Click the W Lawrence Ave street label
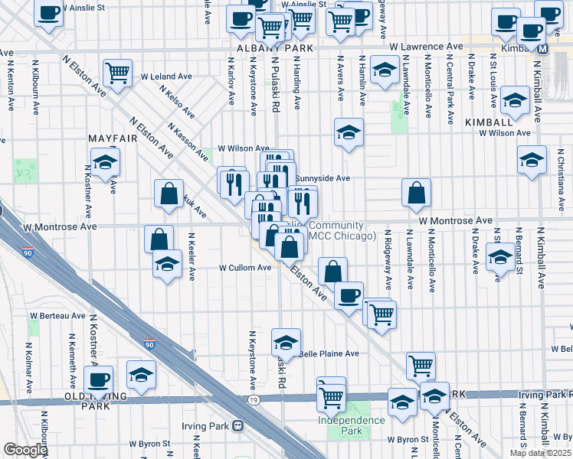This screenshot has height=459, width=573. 427,47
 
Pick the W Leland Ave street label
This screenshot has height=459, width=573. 166,76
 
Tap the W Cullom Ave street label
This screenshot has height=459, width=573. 245,268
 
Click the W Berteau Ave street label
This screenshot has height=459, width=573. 58,315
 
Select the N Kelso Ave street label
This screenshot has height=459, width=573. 177,101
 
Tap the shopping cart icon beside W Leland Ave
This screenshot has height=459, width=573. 117,73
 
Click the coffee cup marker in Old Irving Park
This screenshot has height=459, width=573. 98,379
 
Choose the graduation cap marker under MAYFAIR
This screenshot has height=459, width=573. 105,161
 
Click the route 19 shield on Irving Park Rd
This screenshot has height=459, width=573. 252,399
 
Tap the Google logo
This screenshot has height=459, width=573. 25,450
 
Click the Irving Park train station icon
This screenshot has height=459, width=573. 238,425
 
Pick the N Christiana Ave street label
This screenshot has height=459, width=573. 562,187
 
